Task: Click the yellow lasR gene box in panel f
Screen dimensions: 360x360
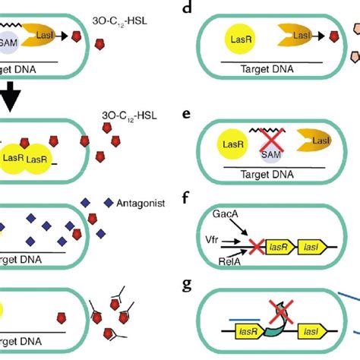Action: (277, 246)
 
